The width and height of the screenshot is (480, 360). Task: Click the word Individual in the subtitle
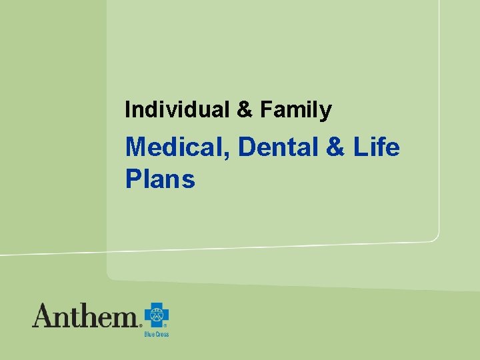176,109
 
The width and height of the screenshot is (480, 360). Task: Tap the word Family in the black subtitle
295,110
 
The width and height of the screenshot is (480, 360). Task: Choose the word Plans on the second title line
160,179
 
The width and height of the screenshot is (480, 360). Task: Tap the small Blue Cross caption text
157,334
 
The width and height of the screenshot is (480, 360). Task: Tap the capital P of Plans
133,179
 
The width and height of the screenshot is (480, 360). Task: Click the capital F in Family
266,109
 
